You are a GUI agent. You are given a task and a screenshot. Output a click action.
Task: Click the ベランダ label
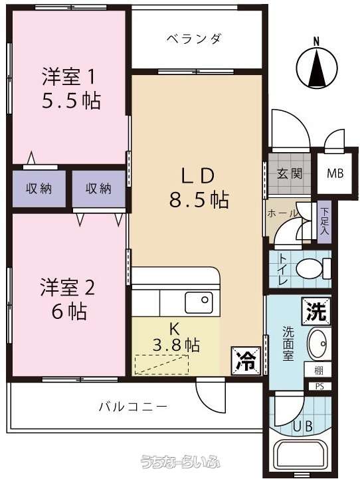(x=194, y=39)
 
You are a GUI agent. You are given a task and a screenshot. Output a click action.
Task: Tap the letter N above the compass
(x=316, y=41)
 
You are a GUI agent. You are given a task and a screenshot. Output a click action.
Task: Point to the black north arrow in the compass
(x=316, y=67)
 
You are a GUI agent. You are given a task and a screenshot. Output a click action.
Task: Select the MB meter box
(x=335, y=173)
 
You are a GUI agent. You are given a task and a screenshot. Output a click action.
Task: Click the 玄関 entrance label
(x=289, y=173)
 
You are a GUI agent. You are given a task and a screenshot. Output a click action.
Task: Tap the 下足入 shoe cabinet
(x=324, y=221)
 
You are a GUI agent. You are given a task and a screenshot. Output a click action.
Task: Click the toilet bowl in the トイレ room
(x=314, y=268)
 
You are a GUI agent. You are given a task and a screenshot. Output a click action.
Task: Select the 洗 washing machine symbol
(x=316, y=312)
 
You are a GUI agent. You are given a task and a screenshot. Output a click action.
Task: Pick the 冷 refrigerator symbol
(x=246, y=361)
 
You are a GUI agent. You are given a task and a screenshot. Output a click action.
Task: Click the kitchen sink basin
(x=199, y=302)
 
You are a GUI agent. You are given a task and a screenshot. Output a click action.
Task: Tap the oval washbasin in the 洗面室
(x=319, y=343)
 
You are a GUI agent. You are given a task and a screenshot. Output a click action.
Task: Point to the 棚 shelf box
(x=318, y=370)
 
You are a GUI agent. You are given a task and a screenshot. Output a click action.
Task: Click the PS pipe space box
(x=319, y=386)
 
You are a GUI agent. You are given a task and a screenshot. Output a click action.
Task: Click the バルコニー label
(x=134, y=406)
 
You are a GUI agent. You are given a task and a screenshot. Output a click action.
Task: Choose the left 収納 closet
(x=39, y=189)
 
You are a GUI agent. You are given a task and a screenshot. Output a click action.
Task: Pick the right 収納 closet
(x=99, y=189)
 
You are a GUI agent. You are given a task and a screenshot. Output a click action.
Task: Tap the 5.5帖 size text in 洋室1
(x=71, y=100)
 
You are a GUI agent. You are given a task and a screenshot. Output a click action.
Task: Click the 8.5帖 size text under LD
(x=199, y=199)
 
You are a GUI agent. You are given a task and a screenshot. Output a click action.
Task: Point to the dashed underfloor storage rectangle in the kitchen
(x=162, y=365)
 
